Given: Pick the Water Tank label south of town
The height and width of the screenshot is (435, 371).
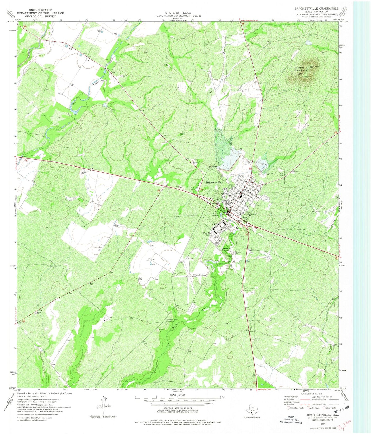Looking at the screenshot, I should pyautogui.click(x=251, y=251).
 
